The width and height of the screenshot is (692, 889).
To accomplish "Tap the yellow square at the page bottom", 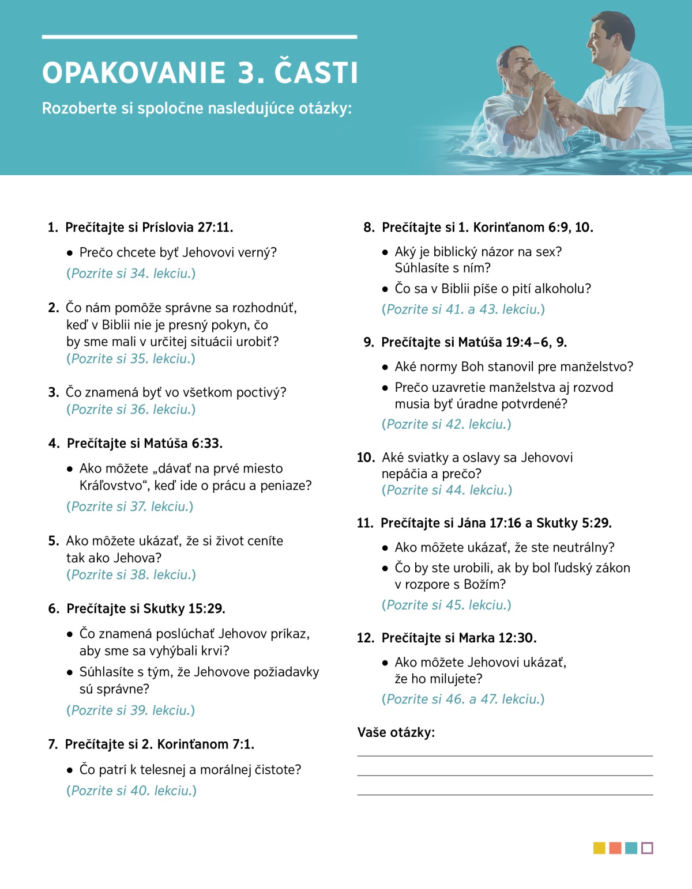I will (599, 848).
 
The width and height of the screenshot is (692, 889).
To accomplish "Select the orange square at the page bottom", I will (615, 848).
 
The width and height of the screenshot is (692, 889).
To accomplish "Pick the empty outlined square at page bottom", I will (647, 848).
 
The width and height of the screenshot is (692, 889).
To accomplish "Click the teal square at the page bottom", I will (631, 848).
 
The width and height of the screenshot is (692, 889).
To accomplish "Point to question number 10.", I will (366, 457).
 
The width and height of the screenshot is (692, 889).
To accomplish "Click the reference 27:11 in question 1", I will (215, 228).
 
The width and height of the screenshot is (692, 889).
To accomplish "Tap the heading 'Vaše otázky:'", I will (396, 732).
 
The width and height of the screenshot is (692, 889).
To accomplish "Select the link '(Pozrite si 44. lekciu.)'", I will (447, 490).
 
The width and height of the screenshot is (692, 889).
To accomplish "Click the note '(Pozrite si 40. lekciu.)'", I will (131, 790).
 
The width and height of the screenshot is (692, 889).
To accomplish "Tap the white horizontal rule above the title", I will (199, 37).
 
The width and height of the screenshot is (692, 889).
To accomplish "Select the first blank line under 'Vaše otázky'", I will (505, 755).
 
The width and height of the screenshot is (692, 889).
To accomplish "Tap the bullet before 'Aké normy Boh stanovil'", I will (385, 368).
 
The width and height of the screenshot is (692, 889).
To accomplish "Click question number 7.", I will (52, 744).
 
